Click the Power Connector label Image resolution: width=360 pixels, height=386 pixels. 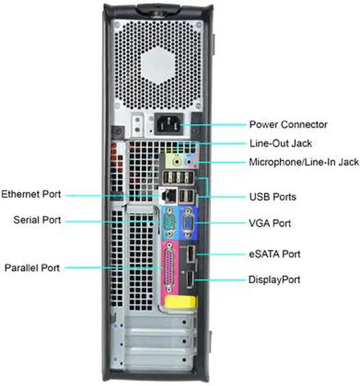pyautogui.click(x=288, y=124)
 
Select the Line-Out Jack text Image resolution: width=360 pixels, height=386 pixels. pyautogui.click(x=280, y=143)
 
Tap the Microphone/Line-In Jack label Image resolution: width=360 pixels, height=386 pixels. pyautogui.click(x=304, y=162)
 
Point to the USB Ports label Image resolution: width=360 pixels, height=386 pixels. pyautogui.click(x=272, y=197)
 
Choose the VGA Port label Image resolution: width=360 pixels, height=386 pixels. pyautogui.click(x=270, y=223)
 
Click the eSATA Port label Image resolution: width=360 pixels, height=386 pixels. pyautogui.click(x=274, y=254)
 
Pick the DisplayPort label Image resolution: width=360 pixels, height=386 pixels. pyautogui.click(x=274, y=279)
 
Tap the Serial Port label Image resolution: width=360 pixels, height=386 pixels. pyautogui.click(x=37, y=220)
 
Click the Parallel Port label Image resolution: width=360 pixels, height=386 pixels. pyautogui.click(x=31, y=267)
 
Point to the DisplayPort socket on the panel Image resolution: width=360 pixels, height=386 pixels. pyautogui.click(x=190, y=279)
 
